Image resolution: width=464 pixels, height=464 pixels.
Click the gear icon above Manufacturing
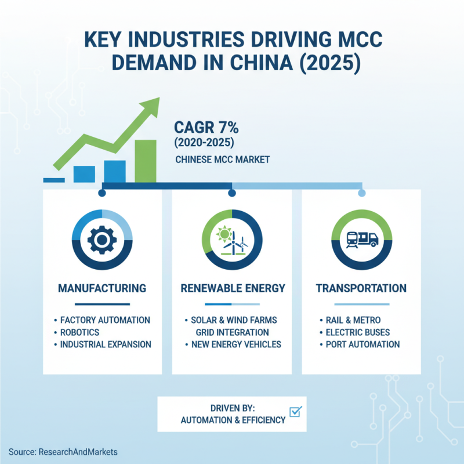pos(102,240)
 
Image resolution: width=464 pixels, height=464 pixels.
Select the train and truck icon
pos(361,239)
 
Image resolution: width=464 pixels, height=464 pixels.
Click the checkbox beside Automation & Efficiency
pos(296,412)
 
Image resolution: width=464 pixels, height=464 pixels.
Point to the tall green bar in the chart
pos(145,161)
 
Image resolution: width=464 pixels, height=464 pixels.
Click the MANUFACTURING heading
pos(102,288)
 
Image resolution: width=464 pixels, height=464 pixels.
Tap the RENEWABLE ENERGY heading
pos(232,288)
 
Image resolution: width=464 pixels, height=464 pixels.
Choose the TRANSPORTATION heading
pos(361,288)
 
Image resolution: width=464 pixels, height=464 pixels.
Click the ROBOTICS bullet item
pos(79,332)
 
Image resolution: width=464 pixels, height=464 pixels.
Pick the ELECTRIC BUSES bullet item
pos(358,332)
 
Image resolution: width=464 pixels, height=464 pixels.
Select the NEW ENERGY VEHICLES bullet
pos(235,345)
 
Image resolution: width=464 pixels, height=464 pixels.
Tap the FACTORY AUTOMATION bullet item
pos(105,320)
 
